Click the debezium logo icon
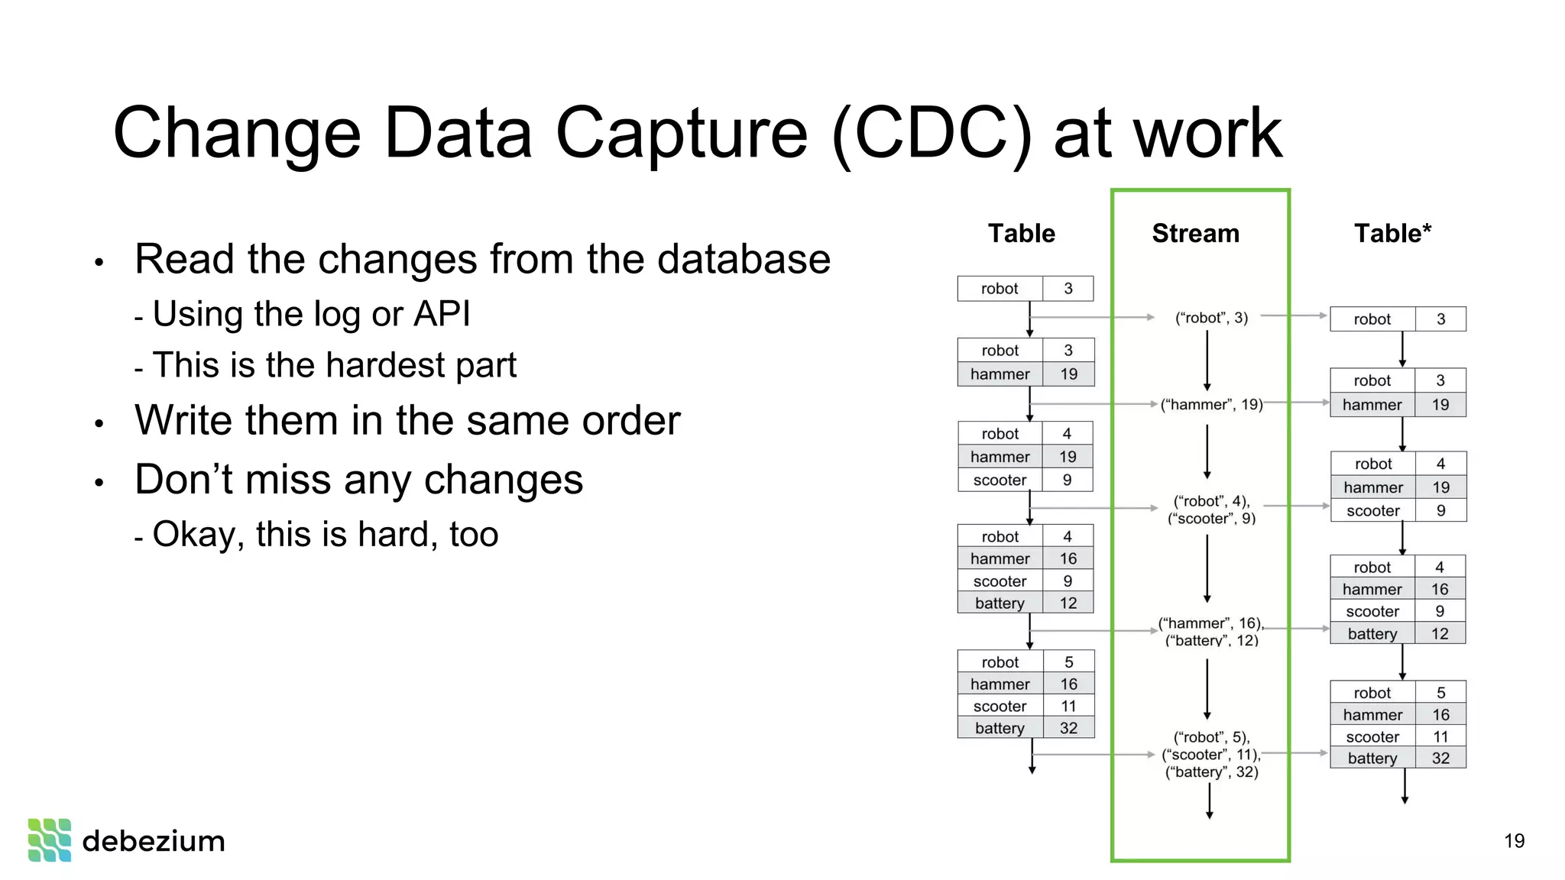coord(50,840)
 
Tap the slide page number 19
coord(1514,841)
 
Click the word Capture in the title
coord(681,134)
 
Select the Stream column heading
coord(1195,233)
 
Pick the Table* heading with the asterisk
coord(1392,233)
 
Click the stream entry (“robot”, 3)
coord(1211,318)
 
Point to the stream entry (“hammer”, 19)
coord(1211,405)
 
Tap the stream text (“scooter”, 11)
coord(1211,755)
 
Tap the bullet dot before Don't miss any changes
coord(99,483)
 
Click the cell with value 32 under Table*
coord(1440,759)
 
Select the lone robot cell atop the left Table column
coord(1000,289)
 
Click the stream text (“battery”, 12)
coord(1211,640)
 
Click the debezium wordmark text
coord(154,841)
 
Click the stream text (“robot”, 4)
coord(1211,501)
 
